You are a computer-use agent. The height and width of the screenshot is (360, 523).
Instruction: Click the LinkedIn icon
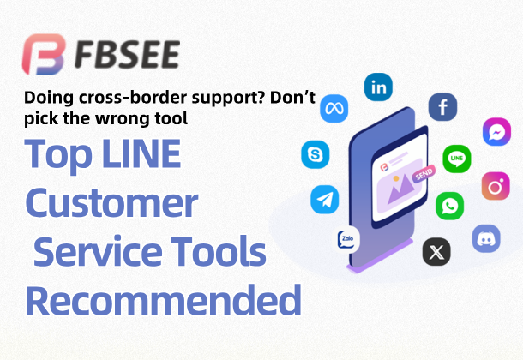378,87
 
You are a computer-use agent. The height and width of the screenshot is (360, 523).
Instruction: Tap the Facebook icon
442,107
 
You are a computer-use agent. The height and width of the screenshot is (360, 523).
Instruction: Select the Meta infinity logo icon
334,109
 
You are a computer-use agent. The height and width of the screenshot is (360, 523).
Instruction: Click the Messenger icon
496,132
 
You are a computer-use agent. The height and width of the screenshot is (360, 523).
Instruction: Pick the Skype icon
316,154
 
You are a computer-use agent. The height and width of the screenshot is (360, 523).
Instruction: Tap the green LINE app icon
456,159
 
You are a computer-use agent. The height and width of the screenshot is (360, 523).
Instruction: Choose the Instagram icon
495,185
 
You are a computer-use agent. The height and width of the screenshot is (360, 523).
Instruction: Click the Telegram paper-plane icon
324,200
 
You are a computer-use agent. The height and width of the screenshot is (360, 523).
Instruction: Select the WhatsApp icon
449,206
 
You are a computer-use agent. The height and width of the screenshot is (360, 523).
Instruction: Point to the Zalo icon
347,240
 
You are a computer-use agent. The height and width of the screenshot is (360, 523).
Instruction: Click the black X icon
437,252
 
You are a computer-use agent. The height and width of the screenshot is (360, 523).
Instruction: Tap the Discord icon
486,237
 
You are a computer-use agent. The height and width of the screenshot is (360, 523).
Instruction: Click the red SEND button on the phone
424,173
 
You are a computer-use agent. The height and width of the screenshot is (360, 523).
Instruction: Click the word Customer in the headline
111,204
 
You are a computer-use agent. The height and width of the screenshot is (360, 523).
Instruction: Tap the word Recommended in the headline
163,301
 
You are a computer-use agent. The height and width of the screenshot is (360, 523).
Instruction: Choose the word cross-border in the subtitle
103,99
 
